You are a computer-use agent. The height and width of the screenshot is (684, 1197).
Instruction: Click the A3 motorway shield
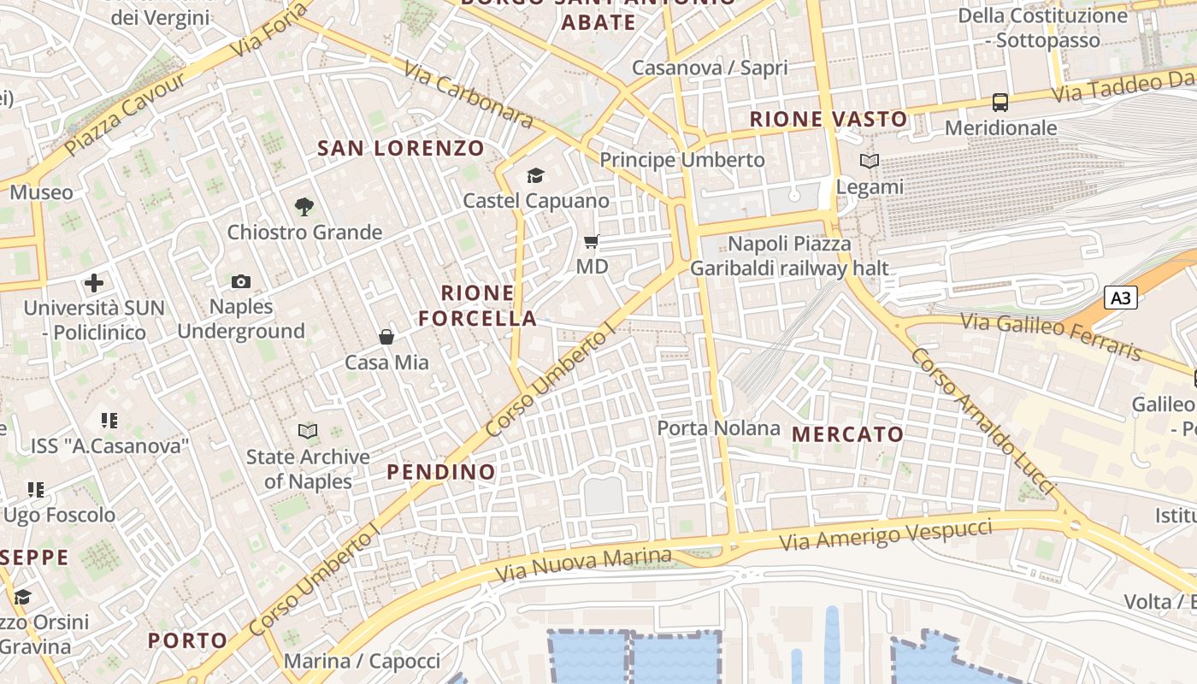(x=1122, y=298)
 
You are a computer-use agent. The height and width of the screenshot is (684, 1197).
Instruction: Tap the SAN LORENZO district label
(x=401, y=148)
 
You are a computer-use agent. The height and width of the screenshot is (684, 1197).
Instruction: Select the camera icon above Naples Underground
(x=241, y=281)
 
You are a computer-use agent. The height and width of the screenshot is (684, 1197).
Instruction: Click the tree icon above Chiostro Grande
(x=304, y=206)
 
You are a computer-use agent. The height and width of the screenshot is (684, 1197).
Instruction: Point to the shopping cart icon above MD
(x=591, y=242)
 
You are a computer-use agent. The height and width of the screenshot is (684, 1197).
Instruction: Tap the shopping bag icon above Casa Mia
(x=386, y=337)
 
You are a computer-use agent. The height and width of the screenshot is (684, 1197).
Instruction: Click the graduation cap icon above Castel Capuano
(x=535, y=175)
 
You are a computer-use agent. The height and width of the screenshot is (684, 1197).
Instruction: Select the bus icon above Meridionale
(x=1000, y=103)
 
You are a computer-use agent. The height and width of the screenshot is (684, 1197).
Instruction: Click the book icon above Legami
(x=870, y=161)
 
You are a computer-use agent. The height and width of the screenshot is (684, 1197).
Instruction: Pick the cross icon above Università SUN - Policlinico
(x=94, y=282)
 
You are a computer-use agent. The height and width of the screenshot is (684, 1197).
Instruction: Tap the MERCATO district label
(x=847, y=434)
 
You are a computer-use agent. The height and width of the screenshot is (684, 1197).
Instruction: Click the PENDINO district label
(x=440, y=472)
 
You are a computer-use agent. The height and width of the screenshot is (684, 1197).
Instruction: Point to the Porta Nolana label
(x=718, y=427)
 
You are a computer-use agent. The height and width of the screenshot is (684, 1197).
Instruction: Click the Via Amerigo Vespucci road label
(x=885, y=535)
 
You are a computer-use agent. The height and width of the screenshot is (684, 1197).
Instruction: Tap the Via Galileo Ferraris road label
(x=1051, y=336)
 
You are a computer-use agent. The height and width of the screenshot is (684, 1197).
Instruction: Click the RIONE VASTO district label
(x=828, y=120)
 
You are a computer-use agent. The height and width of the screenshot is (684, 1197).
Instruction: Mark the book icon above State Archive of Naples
(x=308, y=431)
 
